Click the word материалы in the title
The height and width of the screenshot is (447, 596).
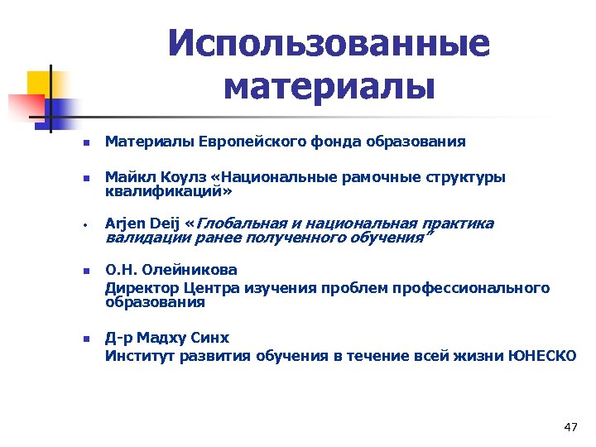pyautogui.click(x=329, y=86)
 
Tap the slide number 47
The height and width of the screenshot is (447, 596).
pyautogui.click(x=570, y=427)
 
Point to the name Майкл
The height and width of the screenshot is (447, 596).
pyautogui.click(x=126, y=177)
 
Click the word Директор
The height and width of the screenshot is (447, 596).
pyautogui.click(x=137, y=287)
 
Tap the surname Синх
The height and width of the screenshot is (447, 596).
pyautogui.click(x=214, y=339)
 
